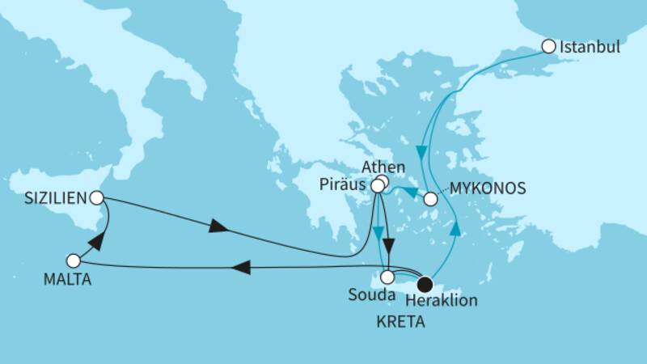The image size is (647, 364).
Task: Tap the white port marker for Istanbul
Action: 549,46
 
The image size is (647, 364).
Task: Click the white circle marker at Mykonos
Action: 431,198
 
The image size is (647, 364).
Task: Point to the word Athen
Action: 382,167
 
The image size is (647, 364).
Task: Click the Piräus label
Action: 343,185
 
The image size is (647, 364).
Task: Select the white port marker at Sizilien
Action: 96,197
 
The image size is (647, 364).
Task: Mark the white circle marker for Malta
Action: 74,261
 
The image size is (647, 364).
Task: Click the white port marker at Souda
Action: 389,277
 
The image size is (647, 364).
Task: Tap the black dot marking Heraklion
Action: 425,283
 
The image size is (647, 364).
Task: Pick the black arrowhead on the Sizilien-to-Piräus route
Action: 219,227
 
